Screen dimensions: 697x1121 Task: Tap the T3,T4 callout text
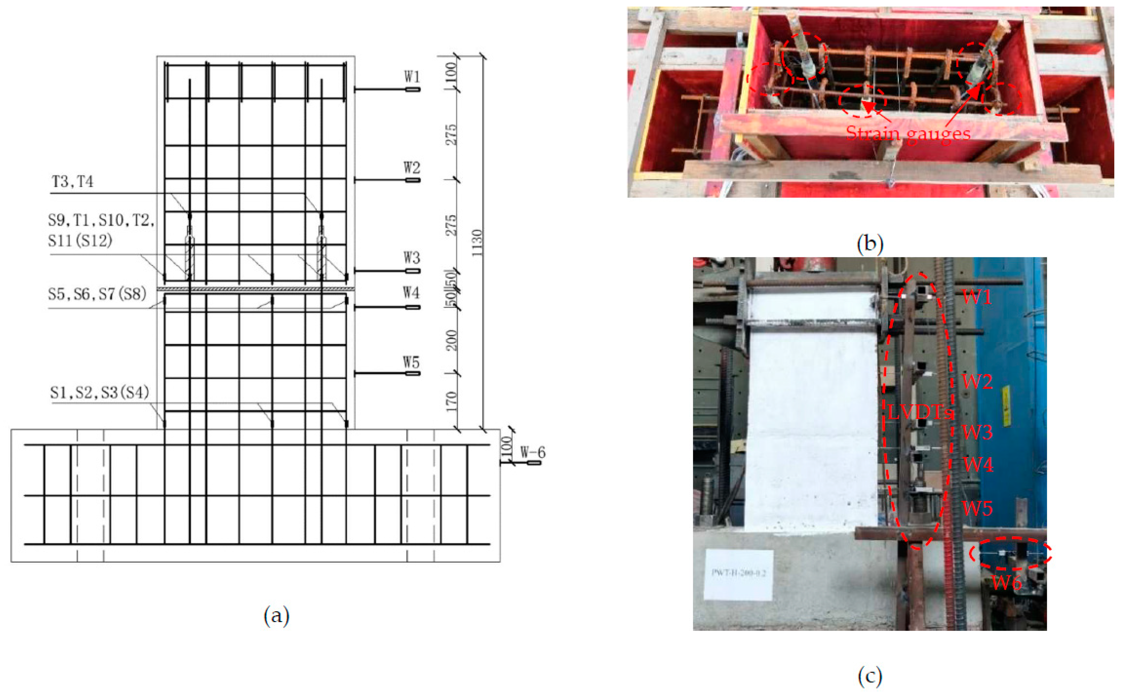(72, 182)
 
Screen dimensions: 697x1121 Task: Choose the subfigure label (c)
(870, 676)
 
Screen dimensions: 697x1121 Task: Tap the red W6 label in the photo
(1007, 583)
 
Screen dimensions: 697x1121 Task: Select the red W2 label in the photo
(977, 382)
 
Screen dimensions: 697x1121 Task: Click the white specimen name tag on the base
(738, 574)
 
